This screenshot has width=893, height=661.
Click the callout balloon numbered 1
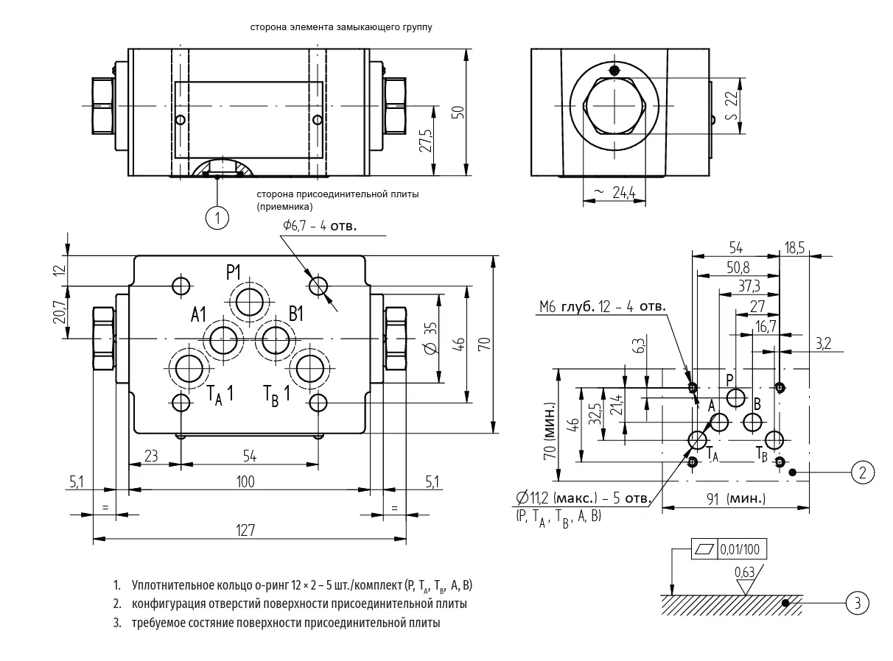point(217,218)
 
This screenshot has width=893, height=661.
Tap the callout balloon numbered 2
point(862,473)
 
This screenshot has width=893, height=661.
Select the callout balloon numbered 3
point(857,603)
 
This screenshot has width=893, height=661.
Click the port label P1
point(233,272)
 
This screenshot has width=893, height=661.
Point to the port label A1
point(198,314)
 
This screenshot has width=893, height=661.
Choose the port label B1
point(296,314)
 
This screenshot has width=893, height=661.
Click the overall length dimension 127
point(245,530)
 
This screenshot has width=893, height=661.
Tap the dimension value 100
point(245,481)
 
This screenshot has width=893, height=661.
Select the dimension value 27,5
point(425,141)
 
